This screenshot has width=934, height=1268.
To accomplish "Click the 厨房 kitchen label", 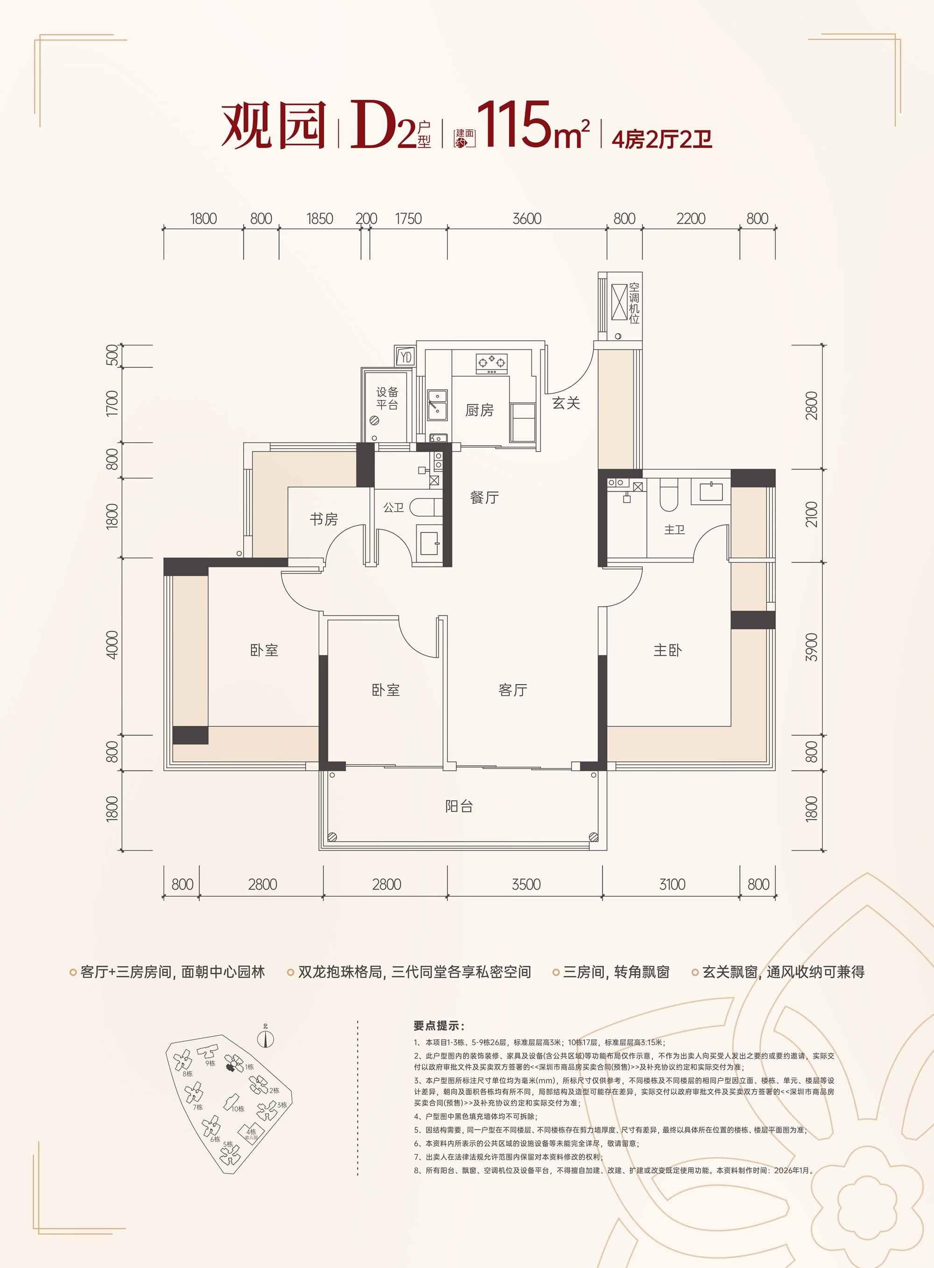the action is [480, 410].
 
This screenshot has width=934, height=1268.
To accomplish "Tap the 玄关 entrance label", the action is [566, 403].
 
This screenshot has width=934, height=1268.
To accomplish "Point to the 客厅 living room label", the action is [513, 690].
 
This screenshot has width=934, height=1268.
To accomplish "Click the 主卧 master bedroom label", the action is [668, 650].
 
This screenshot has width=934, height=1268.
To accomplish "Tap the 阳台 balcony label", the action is [459, 806].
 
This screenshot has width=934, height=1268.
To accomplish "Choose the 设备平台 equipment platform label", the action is [387, 398].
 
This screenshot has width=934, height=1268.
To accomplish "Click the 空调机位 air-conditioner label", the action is [634, 303].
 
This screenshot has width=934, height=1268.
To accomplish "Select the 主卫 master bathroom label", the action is [674, 529].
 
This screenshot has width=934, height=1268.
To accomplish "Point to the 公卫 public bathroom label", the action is [394, 507].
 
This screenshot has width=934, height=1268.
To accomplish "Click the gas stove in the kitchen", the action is [492, 363].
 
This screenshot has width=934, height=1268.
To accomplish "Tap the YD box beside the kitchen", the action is [405, 357].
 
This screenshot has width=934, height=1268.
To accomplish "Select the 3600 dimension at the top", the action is [527, 218].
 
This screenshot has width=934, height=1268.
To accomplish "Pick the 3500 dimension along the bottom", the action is [526, 884].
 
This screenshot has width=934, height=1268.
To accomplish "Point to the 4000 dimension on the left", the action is [113, 645].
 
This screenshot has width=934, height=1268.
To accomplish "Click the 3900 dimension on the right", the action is [811, 647].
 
